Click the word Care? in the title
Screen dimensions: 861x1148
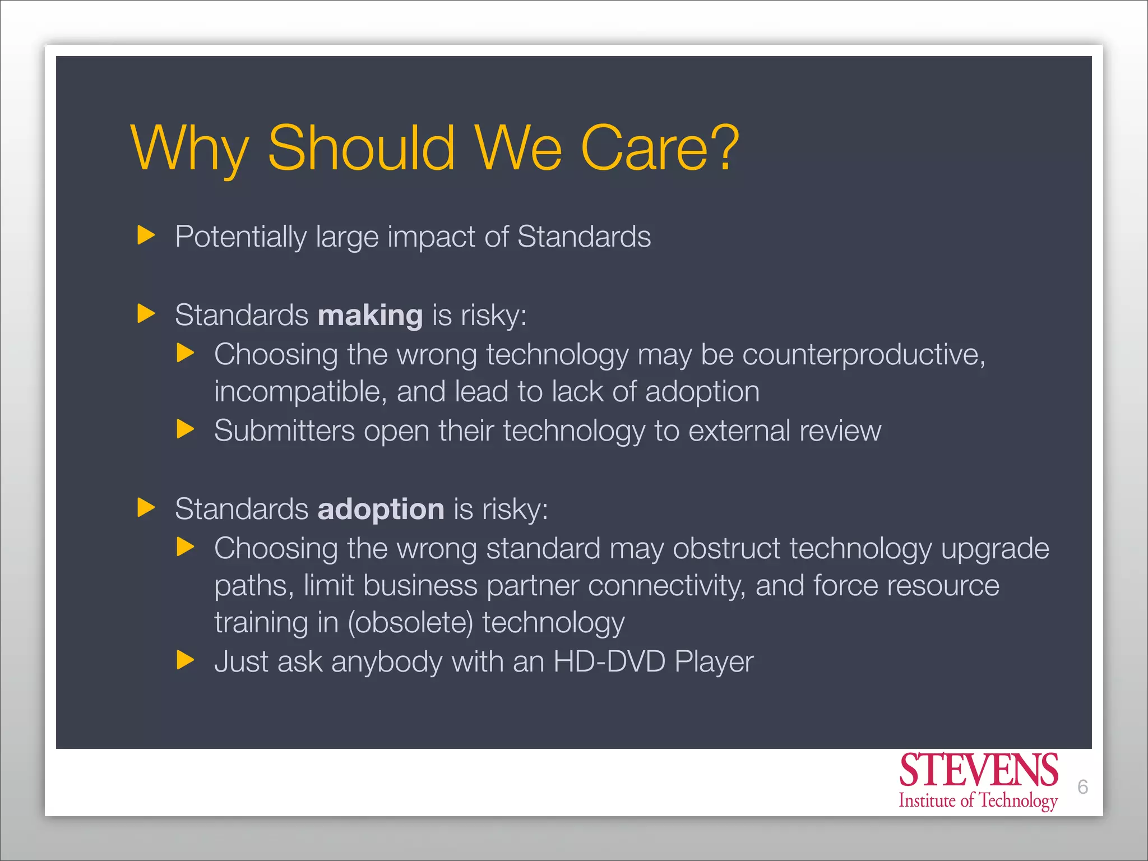click(x=660, y=148)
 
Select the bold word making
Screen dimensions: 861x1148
click(x=370, y=315)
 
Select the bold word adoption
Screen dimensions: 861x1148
click(x=381, y=510)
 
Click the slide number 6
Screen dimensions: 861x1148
click(x=1082, y=787)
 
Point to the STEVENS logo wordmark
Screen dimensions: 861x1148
click(x=978, y=770)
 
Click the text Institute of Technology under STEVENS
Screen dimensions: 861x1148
click(x=978, y=800)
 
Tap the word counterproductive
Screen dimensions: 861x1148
click(x=863, y=355)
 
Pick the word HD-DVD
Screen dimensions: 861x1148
click(x=609, y=661)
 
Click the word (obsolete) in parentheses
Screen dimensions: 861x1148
click(x=410, y=623)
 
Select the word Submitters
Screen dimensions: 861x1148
click(x=284, y=431)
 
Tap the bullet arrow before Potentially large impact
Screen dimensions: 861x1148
click(x=146, y=235)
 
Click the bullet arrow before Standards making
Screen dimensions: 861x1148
click(x=146, y=313)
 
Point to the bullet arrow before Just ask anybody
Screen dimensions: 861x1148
click(x=185, y=660)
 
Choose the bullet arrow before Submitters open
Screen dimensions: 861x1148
click(x=185, y=429)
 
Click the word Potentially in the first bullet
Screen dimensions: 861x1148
click(x=240, y=237)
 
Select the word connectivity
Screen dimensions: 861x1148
click(x=666, y=586)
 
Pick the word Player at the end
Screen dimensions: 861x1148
click(x=714, y=662)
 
